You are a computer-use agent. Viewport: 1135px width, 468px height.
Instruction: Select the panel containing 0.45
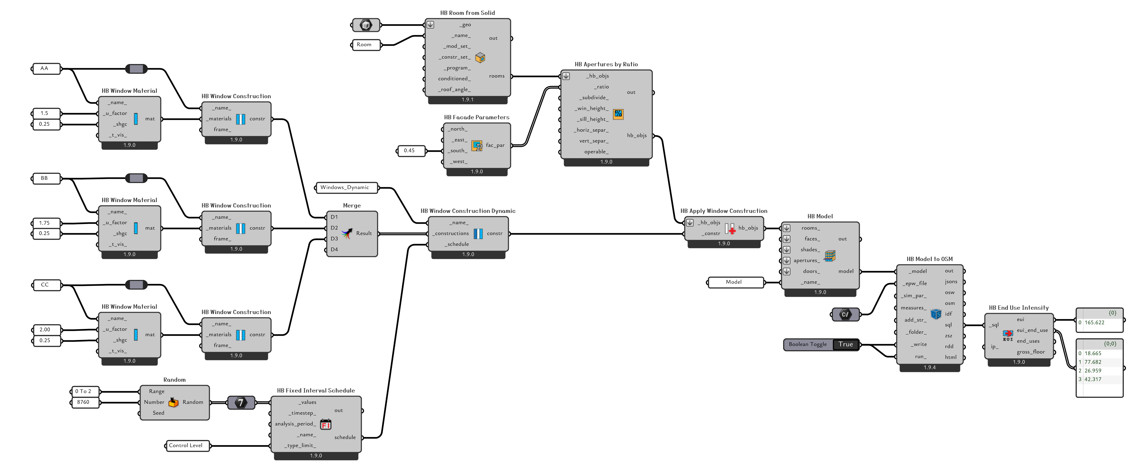pos(410,151)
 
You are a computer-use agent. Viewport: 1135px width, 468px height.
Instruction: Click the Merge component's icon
pos(347,233)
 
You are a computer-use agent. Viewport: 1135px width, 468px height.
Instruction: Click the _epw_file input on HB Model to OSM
pos(914,283)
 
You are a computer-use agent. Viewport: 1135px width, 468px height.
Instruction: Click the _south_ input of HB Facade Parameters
pos(457,151)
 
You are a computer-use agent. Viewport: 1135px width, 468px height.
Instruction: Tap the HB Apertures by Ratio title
pos(606,64)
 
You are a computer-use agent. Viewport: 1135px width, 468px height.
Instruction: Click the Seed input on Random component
pos(158,413)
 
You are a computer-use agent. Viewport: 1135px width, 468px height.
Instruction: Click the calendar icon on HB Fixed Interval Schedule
pos(326,424)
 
